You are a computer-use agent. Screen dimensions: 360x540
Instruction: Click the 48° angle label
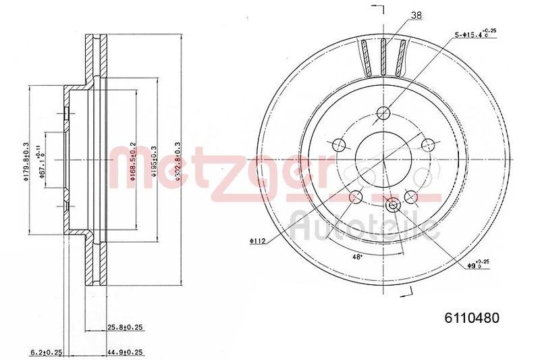coord(357,256)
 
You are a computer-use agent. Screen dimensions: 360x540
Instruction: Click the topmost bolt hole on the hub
coord(383,113)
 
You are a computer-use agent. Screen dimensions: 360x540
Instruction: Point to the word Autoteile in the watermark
coord(364,226)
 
